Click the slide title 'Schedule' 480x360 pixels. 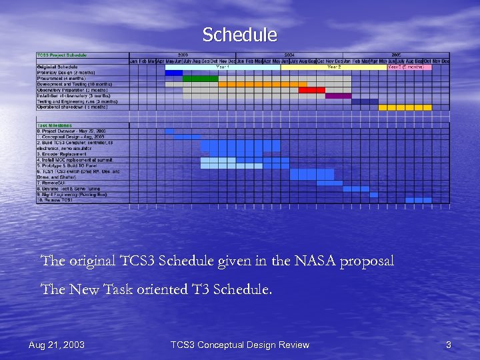(239, 35)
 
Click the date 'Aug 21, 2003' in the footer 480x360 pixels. (57, 345)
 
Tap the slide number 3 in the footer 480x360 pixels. (449, 345)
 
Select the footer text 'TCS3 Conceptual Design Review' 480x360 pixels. (239, 345)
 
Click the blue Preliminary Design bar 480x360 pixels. (174, 73)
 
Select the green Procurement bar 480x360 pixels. (201, 79)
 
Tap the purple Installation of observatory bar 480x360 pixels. (339, 96)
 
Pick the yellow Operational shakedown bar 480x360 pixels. (405, 107)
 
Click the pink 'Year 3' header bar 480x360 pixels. (409, 67)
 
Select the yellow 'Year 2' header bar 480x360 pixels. (334, 67)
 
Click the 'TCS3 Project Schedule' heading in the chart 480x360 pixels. (62, 55)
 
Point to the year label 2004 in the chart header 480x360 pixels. (289, 55)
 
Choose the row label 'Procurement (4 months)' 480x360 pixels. (61, 79)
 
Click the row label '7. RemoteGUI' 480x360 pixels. (53, 183)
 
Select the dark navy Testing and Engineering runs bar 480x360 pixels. (365, 101)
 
